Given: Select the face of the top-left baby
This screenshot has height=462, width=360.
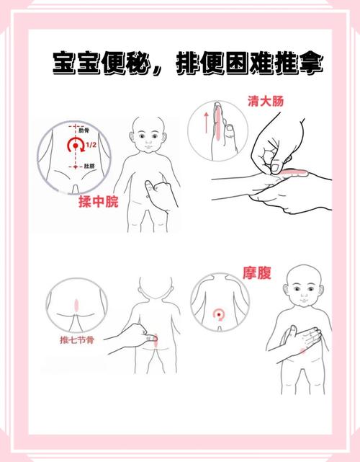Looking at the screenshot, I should click(x=150, y=138).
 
